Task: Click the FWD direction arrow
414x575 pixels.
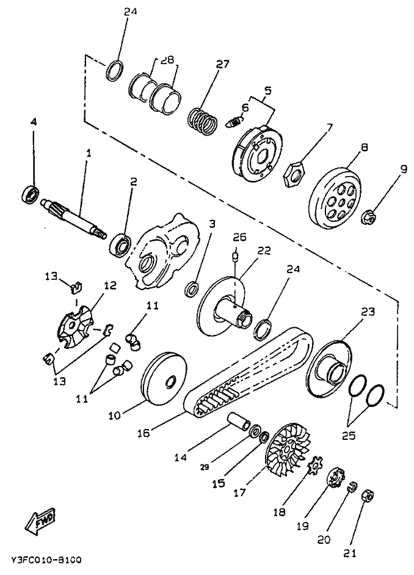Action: coord(38,521)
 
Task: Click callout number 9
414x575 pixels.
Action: coord(404,170)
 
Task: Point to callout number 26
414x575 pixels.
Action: coord(238,236)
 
